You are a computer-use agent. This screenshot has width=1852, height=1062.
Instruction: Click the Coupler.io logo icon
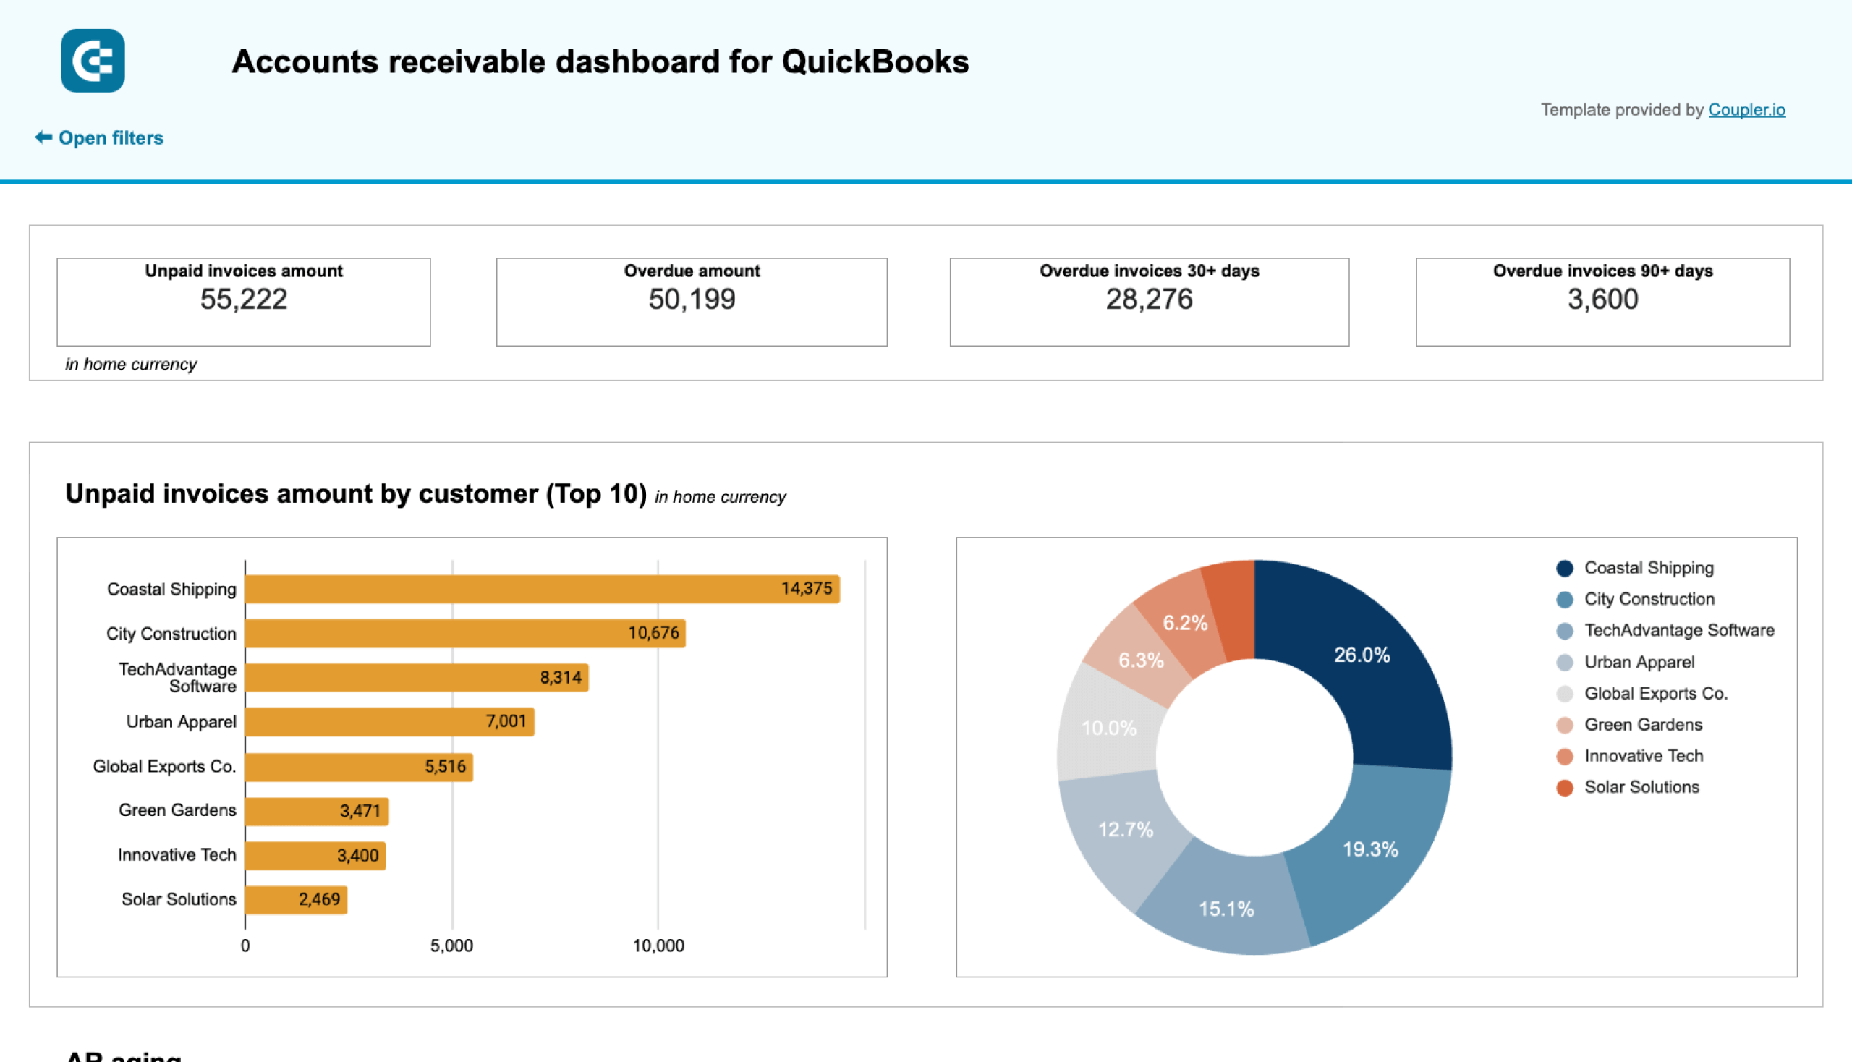coord(93,61)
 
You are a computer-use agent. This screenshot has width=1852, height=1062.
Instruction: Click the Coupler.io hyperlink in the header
coord(1746,109)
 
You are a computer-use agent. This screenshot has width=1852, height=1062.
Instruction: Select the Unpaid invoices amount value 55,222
coord(244,300)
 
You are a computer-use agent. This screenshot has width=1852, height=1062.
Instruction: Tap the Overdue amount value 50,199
coord(692,300)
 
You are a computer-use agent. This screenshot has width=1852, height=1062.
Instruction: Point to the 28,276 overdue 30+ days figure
coord(1149,300)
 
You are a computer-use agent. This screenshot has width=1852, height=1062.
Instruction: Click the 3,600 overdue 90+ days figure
coord(1602,300)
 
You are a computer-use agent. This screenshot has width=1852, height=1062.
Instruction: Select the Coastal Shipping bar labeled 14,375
coord(541,589)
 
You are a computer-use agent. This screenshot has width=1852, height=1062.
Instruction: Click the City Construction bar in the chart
coord(464,633)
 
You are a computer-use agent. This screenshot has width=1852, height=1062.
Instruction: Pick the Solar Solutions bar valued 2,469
coord(295,899)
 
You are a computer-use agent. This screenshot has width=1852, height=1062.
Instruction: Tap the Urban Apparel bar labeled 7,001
coord(388,722)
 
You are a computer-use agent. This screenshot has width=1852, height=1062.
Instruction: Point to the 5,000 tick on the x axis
coord(451,946)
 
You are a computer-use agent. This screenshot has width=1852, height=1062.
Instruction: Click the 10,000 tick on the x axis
coord(658,946)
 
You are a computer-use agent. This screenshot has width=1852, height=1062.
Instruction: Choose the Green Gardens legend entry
coord(1643,725)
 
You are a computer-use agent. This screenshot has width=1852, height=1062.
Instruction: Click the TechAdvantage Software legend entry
coord(1678,630)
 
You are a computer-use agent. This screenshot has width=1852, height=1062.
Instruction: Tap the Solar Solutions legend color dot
coord(1564,788)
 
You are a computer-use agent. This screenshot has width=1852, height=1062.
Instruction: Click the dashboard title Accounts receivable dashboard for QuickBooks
coord(600,62)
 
